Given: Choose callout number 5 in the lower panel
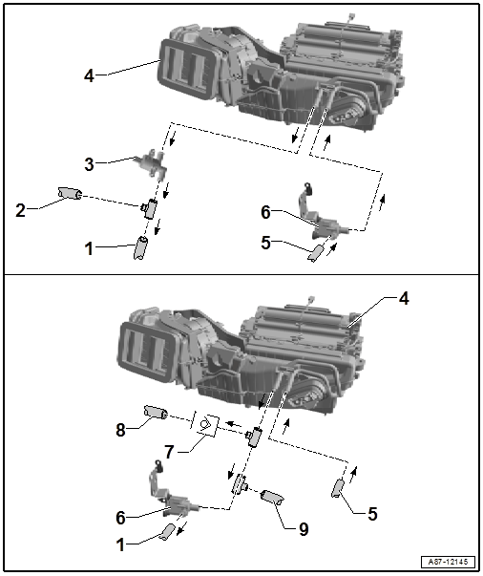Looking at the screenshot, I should point(372,513).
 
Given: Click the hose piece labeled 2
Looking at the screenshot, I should point(70,196).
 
